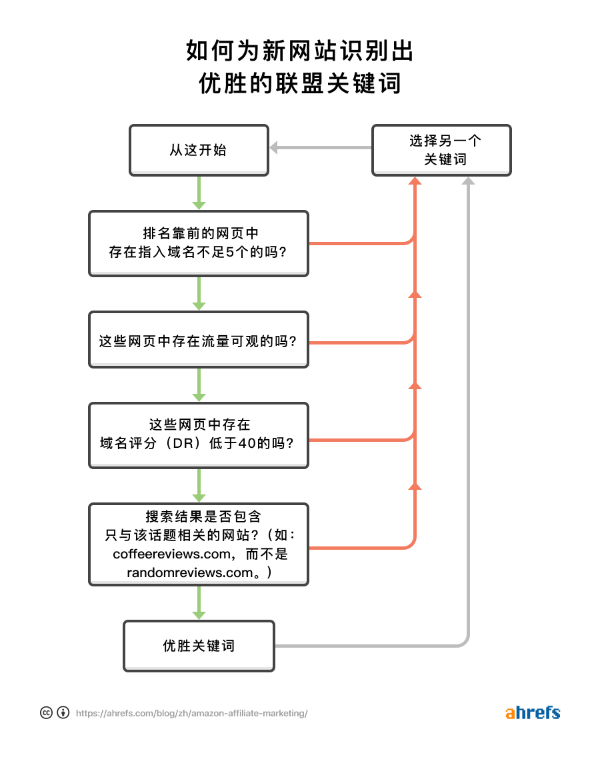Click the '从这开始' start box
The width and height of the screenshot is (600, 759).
point(199,150)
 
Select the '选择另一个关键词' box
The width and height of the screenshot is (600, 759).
point(441,150)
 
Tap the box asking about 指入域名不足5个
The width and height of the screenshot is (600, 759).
point(199,243)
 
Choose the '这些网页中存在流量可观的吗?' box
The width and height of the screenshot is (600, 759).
point(199,340)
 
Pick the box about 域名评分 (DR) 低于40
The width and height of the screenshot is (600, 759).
point(199,434)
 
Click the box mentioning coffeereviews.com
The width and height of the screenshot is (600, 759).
point(199,544)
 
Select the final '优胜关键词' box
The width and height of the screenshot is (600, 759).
point(199,646)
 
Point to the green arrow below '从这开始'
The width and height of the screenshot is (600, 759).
point(199,193)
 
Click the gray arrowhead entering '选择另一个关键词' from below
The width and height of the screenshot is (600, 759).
point(468,181)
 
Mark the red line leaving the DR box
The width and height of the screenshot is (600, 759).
point(360,440)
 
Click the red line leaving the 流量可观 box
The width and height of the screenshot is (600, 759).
point(360,343)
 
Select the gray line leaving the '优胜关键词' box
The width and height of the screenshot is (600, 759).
point(367,646)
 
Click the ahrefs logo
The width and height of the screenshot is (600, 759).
point(533,712)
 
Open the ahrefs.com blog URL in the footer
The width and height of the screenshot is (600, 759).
point(191,713)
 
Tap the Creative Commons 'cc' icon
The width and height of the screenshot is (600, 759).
point(46,712)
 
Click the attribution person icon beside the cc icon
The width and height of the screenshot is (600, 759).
point(63,712)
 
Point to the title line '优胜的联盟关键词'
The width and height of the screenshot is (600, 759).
point(300,83)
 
